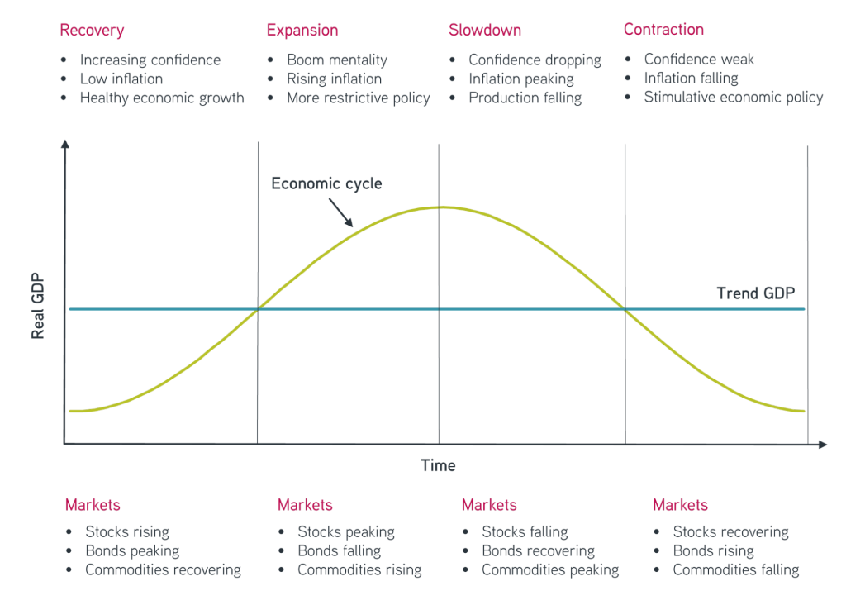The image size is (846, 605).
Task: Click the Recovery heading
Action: pos(92,31)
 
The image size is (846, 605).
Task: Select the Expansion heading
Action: pos(302,31)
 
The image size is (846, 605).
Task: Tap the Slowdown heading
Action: pos(485,31)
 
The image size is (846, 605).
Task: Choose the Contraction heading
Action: pos(663,31)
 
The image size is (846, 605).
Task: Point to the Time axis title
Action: pos(438,466)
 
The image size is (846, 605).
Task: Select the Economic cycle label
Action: pos(327,183)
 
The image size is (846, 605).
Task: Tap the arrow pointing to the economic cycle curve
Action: pos(342,214)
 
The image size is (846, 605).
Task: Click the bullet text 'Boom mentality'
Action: pos(336,60)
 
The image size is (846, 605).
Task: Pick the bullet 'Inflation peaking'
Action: pos(520,79)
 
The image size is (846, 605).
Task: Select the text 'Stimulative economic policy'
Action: pos(733,98)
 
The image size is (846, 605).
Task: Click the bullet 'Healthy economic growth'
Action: pos(162,98)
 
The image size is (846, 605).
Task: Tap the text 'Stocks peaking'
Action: pos(345,532)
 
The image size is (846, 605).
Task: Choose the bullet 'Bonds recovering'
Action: pos(538,551)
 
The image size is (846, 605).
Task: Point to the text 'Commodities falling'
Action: pos(735,570)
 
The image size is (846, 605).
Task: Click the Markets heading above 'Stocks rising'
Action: pos(93,505)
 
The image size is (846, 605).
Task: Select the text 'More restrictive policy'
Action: pos(358,98)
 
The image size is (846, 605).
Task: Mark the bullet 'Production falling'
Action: pos(525,98)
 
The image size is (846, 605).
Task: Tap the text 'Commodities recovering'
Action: pos(163,570)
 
